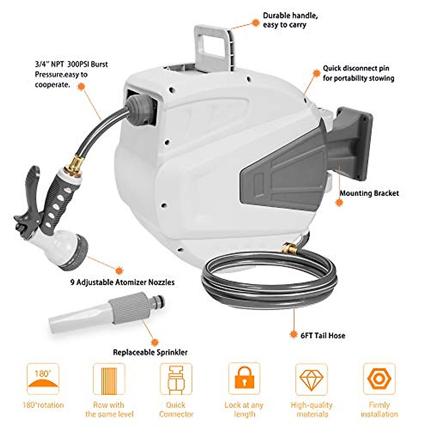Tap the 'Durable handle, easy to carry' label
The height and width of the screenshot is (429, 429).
pos(290,20)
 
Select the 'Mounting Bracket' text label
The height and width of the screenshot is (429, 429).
pos(369,193)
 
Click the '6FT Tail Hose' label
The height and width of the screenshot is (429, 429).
pos(323,335)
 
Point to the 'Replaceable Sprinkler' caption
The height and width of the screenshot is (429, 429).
pos(150,352)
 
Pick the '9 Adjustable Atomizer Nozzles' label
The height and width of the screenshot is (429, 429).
pos(122,282)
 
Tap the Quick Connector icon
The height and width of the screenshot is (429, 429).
pos(176,379)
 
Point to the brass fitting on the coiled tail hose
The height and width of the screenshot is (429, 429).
pos(288,247)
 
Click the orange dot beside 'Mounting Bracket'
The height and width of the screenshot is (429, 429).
pos(339,202)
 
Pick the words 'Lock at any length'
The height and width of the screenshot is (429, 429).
pos(244,410)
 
